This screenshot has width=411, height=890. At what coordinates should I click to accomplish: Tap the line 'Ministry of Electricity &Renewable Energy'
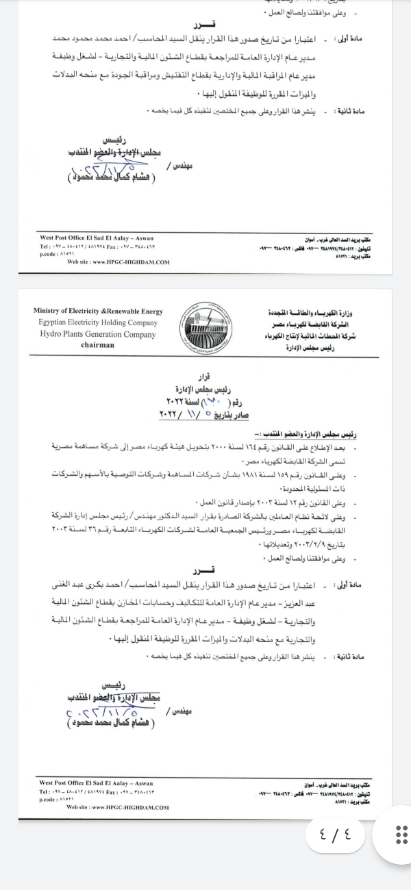coord(98,311)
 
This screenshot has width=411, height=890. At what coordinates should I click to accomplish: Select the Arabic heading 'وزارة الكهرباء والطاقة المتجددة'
coord(307,312)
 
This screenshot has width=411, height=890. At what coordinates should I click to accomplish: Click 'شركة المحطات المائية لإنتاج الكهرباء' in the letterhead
coord(308,336)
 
